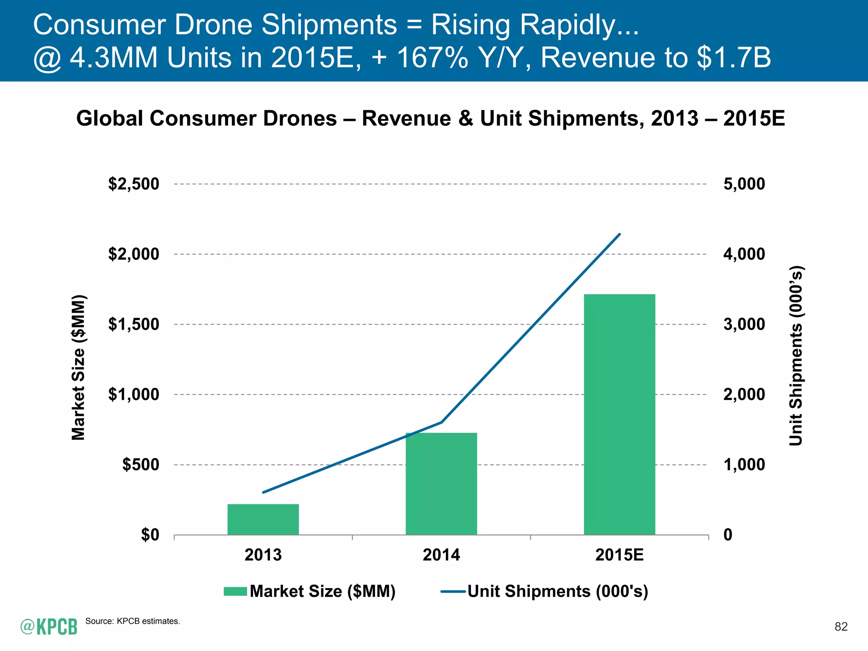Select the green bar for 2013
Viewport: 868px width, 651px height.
pyautogui.click(x=263, y=519)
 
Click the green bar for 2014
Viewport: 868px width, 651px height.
pyautogui.click(x=441, y=484)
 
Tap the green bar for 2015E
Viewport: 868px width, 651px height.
pyautogui.click(x=619, y=415)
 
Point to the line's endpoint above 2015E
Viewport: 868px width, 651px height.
pyautogui.click(x=620, y=234)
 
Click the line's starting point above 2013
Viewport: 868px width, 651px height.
pyautogui.click(x=263, y=492)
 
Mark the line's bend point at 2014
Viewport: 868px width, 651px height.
pyautogui.click(x=442, y=422)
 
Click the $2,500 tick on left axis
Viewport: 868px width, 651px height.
pyautogui.click(x=134, y=184)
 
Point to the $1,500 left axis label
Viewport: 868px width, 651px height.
pyautogui.click(x=134, y=324)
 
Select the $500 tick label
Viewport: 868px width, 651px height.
pyautogui.click(x=140, y=465)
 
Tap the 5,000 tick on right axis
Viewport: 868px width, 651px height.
pyautogui.click(x=744, y=184)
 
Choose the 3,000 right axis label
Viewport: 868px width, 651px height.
pyautogui.click(x=744, y=324)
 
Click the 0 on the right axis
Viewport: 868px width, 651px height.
pyautogui.click(x=728, y=535)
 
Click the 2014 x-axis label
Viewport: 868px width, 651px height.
pyautogui.click(x=441, y=555)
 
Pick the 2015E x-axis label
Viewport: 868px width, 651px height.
pyautogui.click(x=619, y=555)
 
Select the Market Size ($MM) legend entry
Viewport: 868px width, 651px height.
pyautogui.click(x=310, y=591)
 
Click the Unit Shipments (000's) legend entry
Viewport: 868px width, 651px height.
pyautogui.click(x=545, y=591)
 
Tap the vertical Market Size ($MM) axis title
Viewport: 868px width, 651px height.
pyautogui.click(x=78, y=367)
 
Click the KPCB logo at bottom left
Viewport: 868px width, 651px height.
pyautogui.click(x=49, y=626)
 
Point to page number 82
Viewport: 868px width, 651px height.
pyautogui.click(x=841, y=626)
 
